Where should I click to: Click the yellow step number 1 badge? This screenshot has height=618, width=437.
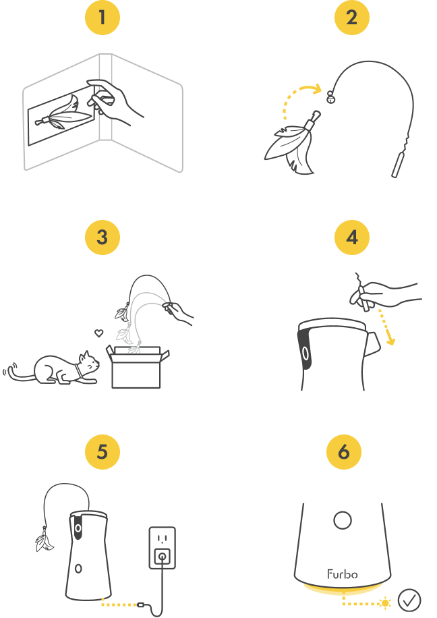[103, 18]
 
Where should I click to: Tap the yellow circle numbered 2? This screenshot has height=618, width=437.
[352, 18]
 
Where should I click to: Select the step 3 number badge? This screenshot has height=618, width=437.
[103, 237]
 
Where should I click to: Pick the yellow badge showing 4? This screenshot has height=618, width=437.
[352, 237]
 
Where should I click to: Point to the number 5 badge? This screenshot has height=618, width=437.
[103, 452]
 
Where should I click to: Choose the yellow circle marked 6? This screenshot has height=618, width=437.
[344, 452]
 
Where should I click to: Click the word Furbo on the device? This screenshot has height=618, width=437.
[343, 574]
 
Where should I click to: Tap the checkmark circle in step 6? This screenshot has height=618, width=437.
[409, 600]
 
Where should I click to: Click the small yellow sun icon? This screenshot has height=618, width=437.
[384, 603]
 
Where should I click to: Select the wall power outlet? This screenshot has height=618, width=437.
[163, 548]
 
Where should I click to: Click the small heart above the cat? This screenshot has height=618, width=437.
[99, 333]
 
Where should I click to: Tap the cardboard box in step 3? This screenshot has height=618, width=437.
[137, 366]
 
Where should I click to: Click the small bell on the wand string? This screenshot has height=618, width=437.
[330, 97]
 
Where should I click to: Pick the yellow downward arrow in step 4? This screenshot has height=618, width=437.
[386, 327]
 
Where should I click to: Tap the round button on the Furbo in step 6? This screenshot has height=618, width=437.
[343, 520]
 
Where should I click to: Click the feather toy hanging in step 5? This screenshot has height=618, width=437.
[44, 540]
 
